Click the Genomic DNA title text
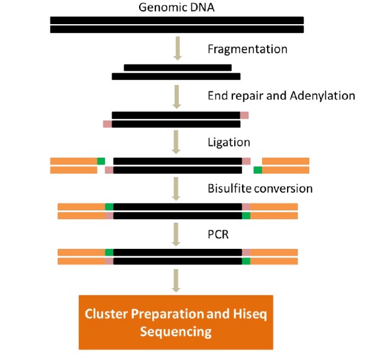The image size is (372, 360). [x=176, y=7]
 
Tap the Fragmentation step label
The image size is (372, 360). [x=247, y=49]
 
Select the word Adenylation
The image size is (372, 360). [x=322, y=96]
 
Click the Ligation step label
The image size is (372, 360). [x=229, y=143]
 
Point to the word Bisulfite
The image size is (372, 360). [x=229, y=189]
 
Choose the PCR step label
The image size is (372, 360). [x=218, y=235]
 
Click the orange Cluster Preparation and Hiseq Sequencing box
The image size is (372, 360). [x=176, y=322]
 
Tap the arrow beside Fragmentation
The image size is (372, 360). [x=178, y=48]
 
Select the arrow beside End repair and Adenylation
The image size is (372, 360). [x=177, y=97]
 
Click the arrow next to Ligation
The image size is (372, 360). [x=176, y=142]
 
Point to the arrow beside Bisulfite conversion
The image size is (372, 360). [x=176, y=189]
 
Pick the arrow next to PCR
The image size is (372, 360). [x=176, y=234]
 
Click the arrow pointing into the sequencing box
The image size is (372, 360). [x=176, y=281]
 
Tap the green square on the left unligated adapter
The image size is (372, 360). [x=101, y=161]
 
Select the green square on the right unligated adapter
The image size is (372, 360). [x=258, y=170]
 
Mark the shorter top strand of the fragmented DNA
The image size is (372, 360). [x=178, y=68]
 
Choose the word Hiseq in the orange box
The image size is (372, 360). [x=250, y=314]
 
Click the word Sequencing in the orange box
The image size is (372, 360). [x=176, y=332]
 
